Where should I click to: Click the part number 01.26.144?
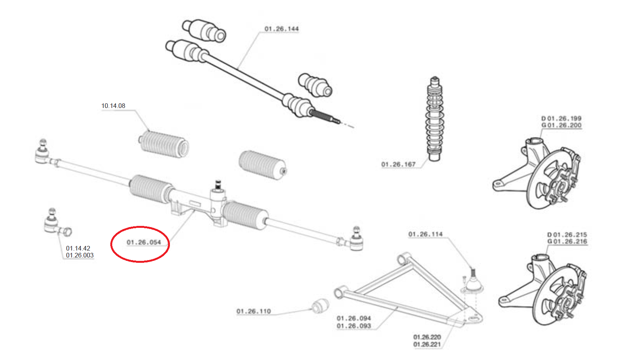tap(281, 29)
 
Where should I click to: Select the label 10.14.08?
tap(113, 106)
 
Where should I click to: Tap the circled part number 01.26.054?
tap(144, 242)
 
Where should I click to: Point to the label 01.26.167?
tap(398, 164)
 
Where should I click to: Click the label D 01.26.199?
tap(561, 118)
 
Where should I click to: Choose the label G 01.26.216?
tap(567, 242)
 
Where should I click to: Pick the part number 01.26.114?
tap(426, 234)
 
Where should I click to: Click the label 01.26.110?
tap(254, 311)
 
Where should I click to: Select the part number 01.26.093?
tap(354, 326)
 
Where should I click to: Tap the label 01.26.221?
tap(427, 345)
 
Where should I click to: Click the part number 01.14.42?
tap(78, 248)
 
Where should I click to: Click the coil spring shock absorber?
tap(434, 119)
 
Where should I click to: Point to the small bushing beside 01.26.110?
tap(320, 305)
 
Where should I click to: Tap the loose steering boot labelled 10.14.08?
tap(164, 144)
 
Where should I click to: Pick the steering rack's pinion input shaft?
tap(218, 185)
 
